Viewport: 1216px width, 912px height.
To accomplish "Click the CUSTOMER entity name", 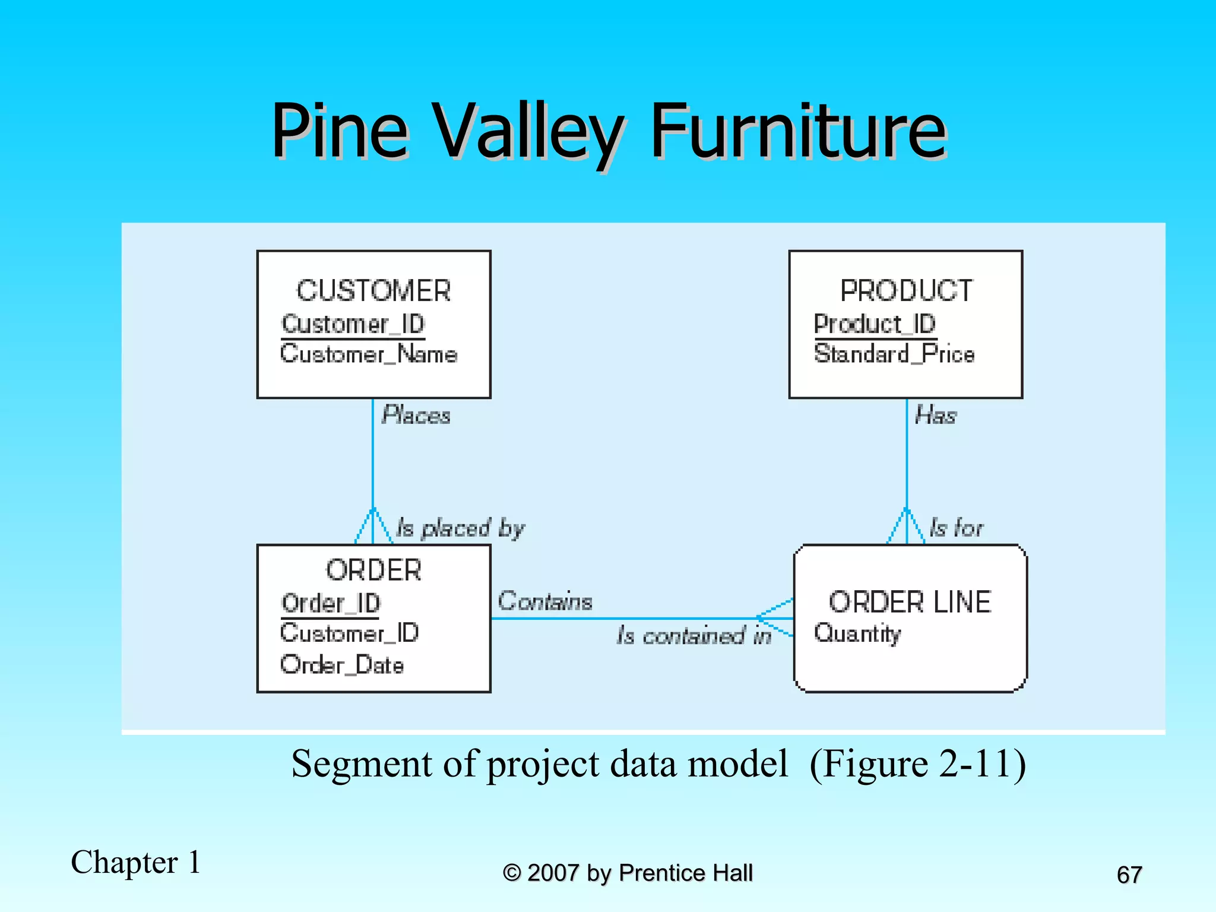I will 373,291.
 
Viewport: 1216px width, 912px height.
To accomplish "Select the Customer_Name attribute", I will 369,354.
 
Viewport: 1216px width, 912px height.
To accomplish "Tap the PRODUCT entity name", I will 906,291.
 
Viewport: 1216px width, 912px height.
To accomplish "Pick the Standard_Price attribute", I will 894,354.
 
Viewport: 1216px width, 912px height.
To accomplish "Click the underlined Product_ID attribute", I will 875,324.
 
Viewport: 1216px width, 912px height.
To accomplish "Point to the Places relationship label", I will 416,415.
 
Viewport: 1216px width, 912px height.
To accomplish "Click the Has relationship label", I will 936,415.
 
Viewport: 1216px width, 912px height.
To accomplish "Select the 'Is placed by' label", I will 460,528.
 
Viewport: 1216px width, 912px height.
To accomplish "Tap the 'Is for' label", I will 956,528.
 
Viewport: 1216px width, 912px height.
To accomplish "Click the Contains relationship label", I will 544,601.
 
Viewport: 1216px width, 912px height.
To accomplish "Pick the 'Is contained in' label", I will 693,636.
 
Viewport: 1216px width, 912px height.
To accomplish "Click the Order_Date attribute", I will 342,665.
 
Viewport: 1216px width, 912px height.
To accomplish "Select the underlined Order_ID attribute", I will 331,604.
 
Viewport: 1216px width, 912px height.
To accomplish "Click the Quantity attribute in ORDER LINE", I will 857,634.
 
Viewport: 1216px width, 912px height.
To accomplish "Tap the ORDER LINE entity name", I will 910,602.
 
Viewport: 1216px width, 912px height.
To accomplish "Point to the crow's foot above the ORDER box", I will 373,527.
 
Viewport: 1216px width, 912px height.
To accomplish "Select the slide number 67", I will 1129,875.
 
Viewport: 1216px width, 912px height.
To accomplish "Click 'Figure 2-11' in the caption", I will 917,764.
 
